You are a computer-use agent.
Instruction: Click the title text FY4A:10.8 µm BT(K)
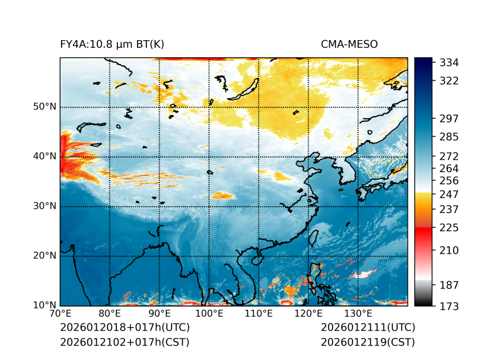112,44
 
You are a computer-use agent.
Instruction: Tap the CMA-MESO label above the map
349,44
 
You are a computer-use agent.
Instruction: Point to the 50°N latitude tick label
45,107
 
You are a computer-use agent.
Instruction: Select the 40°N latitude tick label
45,156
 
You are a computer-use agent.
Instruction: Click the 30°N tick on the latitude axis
45,206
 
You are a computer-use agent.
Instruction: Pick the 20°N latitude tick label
45,256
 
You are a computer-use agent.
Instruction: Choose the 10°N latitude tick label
45,305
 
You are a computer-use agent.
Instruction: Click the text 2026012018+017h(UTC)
124,327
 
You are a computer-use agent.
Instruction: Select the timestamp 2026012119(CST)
368,342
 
